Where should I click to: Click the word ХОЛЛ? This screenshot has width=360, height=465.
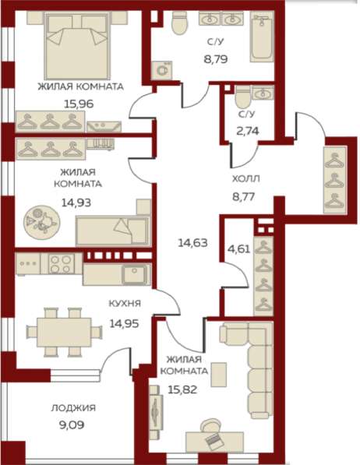245,178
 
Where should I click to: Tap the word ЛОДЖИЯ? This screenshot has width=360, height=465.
73,407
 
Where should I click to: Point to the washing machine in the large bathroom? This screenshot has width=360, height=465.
164,70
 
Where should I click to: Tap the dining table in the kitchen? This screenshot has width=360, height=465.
63,330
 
